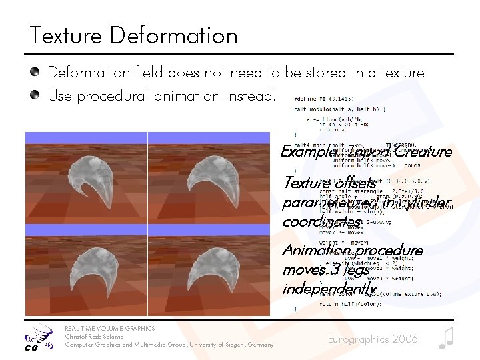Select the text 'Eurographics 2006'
click(373, 339)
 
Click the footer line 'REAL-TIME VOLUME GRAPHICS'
click(109, 328)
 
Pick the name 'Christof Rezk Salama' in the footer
click(94, 336)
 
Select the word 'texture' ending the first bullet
click(401, 72)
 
